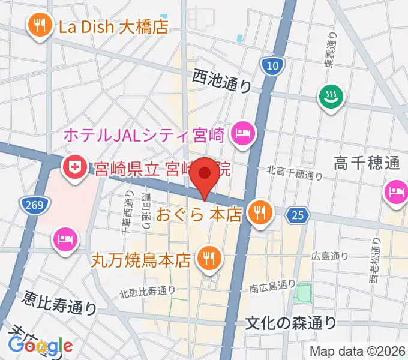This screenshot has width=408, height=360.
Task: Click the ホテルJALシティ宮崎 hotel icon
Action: point(244,133)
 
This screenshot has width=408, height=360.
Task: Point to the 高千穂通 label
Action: point(367,163)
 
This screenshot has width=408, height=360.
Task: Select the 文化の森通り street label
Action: point(291,323)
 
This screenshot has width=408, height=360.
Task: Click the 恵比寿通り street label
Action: point(60,302)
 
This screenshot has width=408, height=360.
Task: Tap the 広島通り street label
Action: point(330,256)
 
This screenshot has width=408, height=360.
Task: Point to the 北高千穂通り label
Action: point(295,173)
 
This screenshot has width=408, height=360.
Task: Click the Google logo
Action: point(40,346)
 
